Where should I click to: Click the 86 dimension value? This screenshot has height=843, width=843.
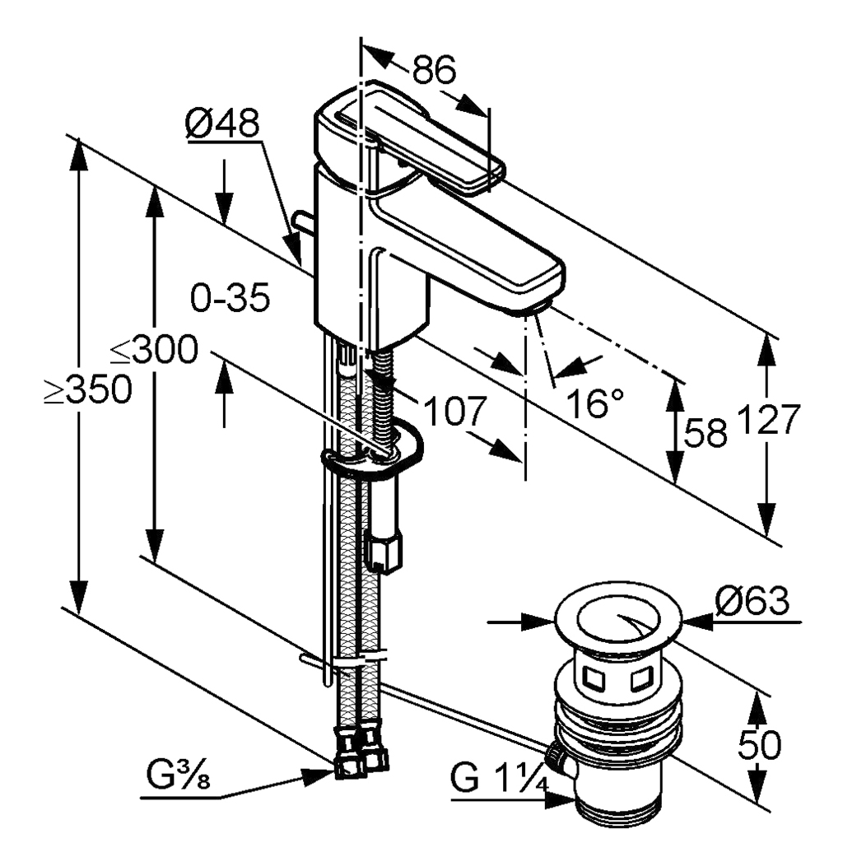434,71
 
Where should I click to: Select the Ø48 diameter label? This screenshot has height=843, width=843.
222,125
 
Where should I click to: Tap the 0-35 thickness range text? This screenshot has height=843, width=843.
230,298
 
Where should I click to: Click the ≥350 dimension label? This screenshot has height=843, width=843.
88,392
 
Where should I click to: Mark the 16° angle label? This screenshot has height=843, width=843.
595,403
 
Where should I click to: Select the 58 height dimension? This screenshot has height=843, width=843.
706,432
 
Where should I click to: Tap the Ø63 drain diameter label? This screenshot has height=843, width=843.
752,602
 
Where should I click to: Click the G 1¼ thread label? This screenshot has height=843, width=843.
499,778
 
